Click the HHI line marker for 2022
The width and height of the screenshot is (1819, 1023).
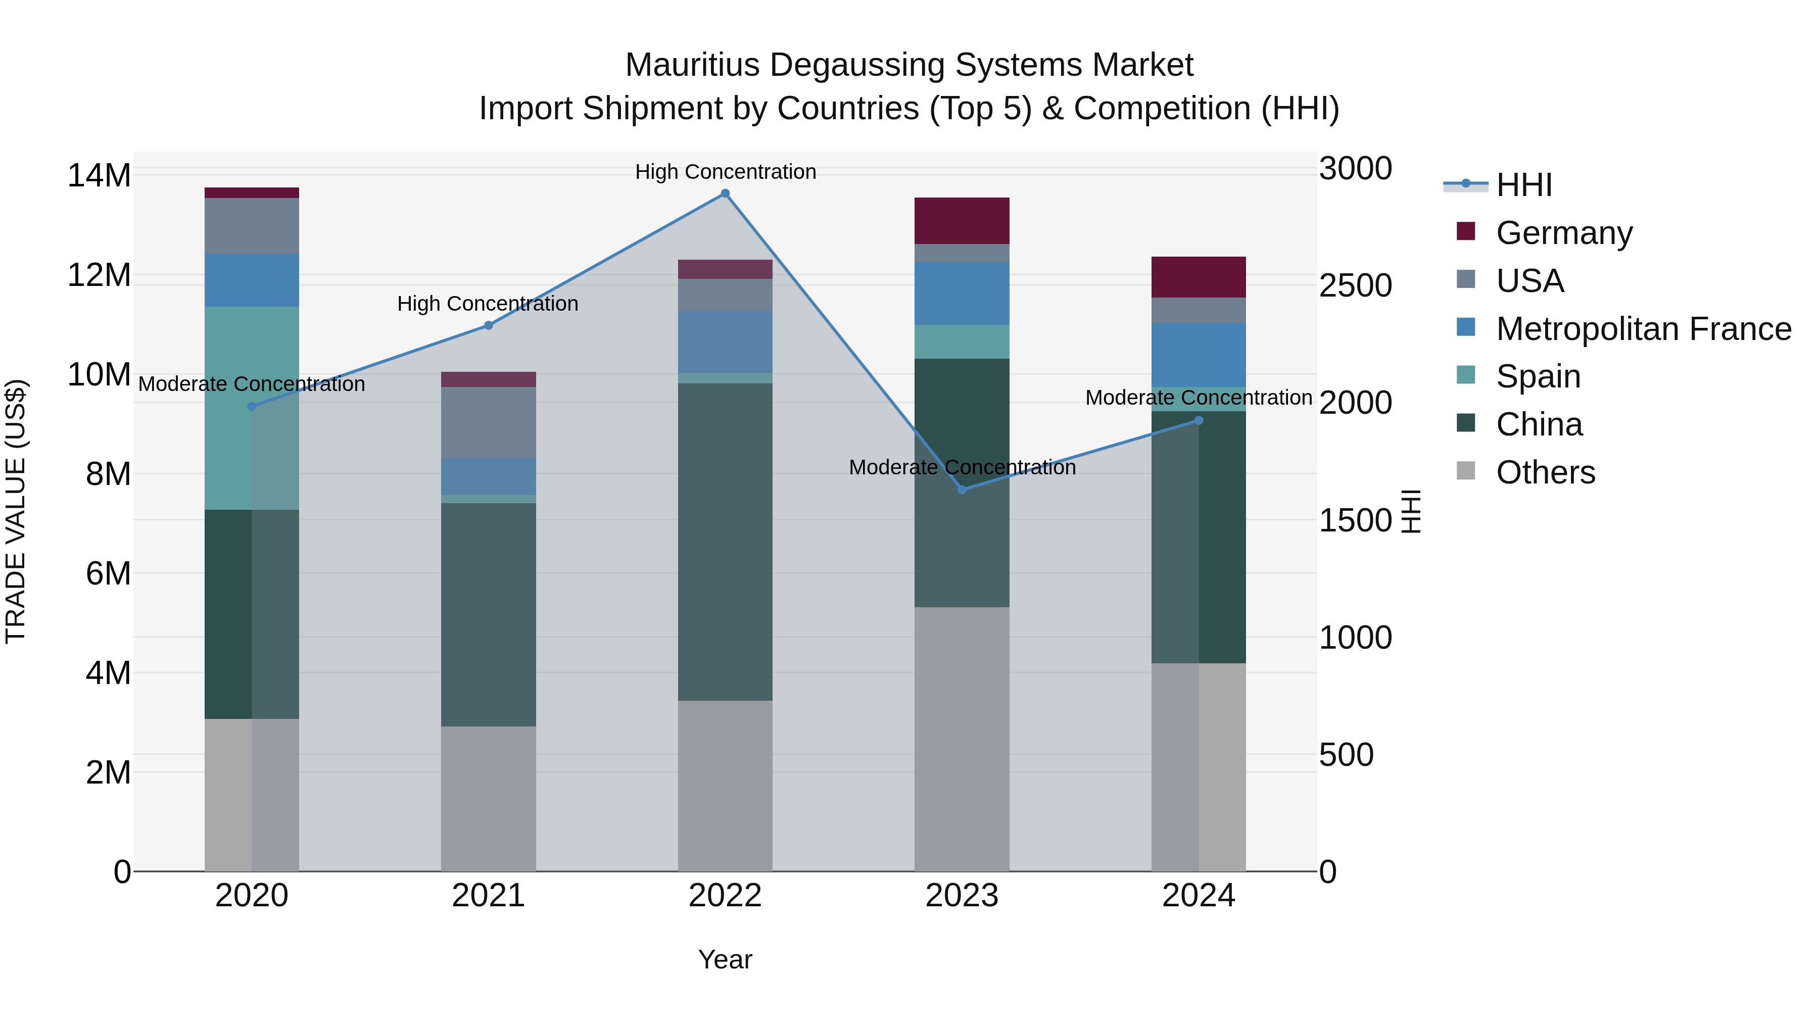click(725, 193)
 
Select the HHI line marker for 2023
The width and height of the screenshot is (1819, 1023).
click(962, 490)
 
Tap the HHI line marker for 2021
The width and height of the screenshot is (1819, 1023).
click(488, 325)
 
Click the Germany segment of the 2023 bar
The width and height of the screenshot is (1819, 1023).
click(962, 221)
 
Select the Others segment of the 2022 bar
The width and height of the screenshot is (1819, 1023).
click(725, 785)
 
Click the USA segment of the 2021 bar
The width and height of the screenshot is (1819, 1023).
click(488, 422)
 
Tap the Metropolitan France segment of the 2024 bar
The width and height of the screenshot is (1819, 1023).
click(1199, 355)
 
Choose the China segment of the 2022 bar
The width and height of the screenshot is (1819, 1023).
click(725, 542)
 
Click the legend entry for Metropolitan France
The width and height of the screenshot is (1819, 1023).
click(1643, 329)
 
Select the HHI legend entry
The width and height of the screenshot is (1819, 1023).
click(1523, 185)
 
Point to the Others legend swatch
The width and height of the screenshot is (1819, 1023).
click(1465, 471)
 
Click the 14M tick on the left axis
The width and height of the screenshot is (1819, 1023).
click(99, 175)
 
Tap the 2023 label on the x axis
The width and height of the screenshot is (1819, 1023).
click(962, 896)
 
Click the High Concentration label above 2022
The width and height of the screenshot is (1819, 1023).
click(725, 172)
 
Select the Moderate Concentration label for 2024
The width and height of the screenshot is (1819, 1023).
click(1199, 398)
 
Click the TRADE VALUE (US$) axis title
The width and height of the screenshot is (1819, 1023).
click(16, 511)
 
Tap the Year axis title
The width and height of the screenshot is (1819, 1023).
click(725, 959)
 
